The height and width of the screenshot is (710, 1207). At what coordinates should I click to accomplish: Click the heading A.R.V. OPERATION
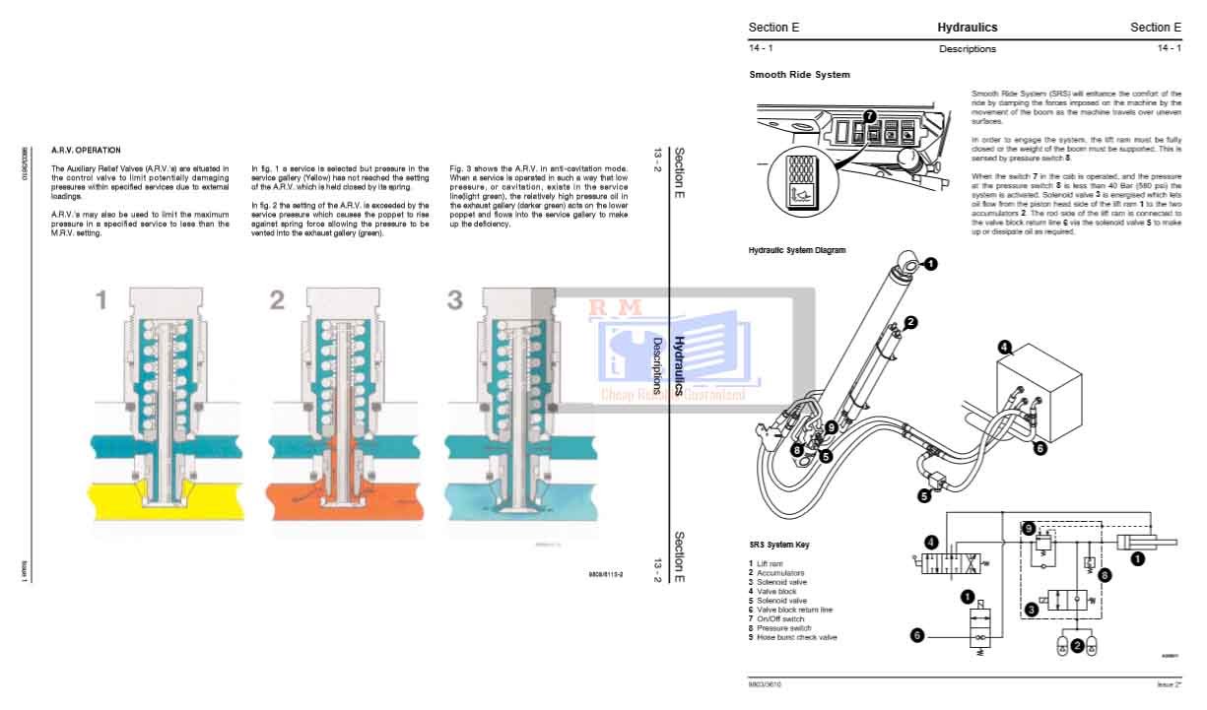(86, 151)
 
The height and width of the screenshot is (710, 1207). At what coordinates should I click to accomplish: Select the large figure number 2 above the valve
(277, 300)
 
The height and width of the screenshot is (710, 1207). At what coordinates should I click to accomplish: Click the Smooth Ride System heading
(799, 75)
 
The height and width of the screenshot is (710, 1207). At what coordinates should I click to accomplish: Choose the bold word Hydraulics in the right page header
(967, 28)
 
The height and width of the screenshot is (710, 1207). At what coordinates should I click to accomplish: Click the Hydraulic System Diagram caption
(796, 251)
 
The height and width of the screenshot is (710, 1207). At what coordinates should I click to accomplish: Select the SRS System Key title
(779, 545)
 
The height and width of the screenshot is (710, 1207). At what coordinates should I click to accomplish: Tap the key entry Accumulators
(779, 573)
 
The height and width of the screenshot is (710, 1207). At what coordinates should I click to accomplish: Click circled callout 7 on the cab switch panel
(869, 116)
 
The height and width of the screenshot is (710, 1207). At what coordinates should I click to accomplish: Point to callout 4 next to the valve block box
(1004, 347)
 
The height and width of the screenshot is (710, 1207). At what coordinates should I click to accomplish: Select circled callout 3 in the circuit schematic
(1031, 610)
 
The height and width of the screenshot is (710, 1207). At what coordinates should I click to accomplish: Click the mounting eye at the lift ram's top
(908, 264)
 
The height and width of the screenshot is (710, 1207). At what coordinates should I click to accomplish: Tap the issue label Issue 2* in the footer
(1169, 684)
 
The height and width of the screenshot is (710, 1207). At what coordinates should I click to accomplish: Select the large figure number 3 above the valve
(454, 300)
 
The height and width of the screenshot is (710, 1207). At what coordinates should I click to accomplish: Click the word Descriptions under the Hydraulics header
(967, 49)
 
